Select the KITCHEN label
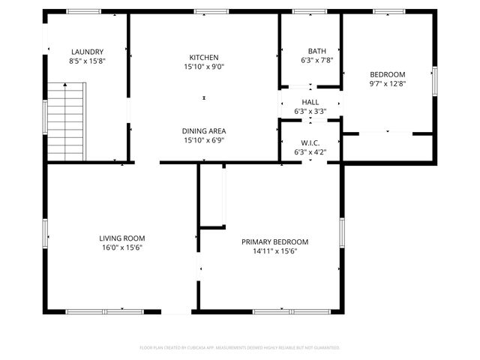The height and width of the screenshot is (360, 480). pos(204,57)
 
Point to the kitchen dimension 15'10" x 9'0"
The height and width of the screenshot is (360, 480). pos(204,67)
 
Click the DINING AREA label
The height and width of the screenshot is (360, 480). pos(204,130)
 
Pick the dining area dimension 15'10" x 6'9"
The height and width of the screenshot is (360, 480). pos(204,140)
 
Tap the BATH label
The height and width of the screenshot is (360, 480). pos(310,51)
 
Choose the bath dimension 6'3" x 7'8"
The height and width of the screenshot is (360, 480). pos(310,61)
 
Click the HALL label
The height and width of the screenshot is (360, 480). pos(310,102)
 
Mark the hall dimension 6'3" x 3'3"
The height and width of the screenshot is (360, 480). pos(310,112)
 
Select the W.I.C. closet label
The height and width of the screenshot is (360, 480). pos(310,142)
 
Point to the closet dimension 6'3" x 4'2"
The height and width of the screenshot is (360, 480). pos(310,152)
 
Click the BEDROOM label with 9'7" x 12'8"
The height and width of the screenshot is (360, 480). pos(388,74)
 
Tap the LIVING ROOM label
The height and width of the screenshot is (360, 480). pos(121,238)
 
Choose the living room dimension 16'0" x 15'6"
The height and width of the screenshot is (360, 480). pos(121,247)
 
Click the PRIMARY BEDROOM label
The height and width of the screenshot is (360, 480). pos(274,241)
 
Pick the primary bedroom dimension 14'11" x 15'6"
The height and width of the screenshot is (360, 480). pos(274,251)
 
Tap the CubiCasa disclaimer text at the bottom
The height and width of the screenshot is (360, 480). pos(240,347)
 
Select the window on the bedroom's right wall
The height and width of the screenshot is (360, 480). pos(434,81)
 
